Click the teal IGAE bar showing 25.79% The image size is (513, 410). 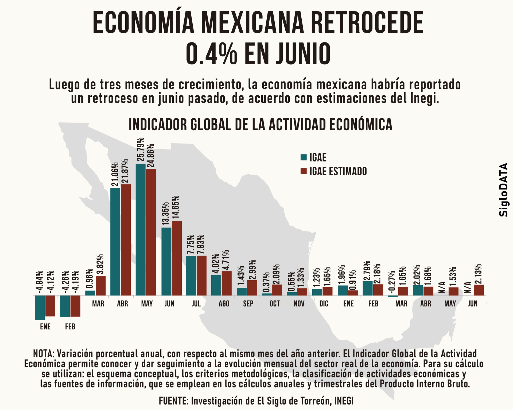pyautogui.click(x=141, y=230)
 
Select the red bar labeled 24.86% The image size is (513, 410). pyautogui.click(x=151, y=232)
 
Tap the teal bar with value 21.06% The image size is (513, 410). pyautogui.click(x=115, y=242)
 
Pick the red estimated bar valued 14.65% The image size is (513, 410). pyautogui.click(x=177, y=258)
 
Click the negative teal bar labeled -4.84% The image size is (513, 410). pyautogui.click(x=40, y=307)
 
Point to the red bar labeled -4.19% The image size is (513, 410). pyautogui.click(x=75, y=306)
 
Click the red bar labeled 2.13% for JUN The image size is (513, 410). pyautogui.click(x=479, y=290)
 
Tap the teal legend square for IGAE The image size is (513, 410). pyautogui.click(x=304, y=157)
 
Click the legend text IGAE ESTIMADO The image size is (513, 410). pyautogui.click(x=338, y=172)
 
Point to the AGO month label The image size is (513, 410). pyautogui.click(x=224, y=304)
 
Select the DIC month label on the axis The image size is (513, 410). pyautogui.click(x=324, y=304)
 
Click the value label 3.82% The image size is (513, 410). pyautogui.click(x=100, y=265)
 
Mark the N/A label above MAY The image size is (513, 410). pyautogui.click(x=442, y=287)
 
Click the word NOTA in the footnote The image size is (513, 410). pyautogui.click(x=43, y=354)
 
